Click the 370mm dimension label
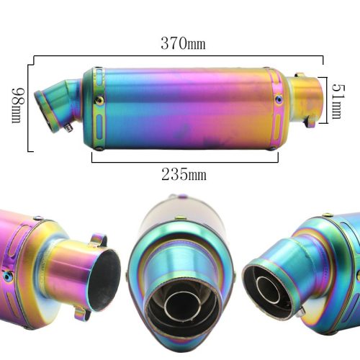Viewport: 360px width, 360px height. pos(183,43)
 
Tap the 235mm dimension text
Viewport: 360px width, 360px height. pos(184,174)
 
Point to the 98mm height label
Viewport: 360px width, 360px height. pos(18,106)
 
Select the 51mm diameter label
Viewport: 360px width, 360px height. pos(338,102)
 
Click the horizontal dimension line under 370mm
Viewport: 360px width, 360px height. pos(179,56)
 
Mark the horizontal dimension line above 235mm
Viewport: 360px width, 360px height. pos(185,162)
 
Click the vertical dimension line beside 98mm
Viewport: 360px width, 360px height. pos(28,108)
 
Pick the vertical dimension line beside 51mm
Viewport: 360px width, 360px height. pos(327,100)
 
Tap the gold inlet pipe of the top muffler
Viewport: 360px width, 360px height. pos(305,99)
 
